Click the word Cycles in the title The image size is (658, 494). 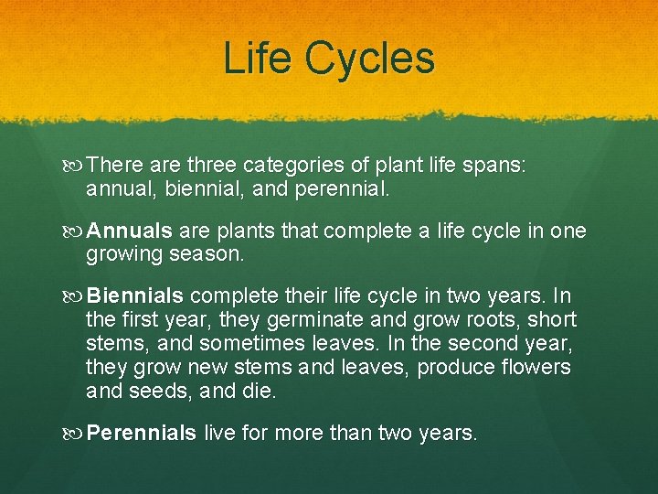(370, 59)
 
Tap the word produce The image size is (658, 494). (442, 368)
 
